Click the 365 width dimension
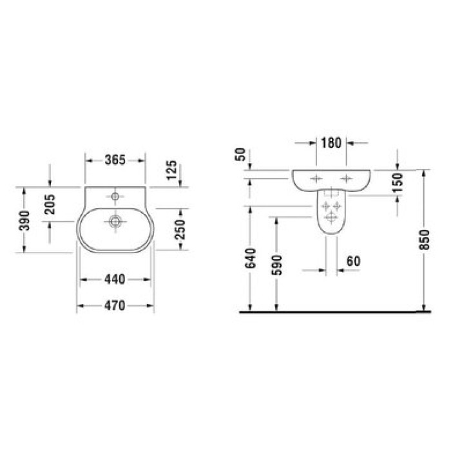[115, 160]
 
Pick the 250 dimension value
[181, 230]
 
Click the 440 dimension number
[115, 280]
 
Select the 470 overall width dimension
[115, 306]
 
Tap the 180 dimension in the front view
[331, 142]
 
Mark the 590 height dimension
[277, 264]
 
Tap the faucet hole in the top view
[115, 195]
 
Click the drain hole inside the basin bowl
[115, 221]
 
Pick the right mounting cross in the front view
[347, 178]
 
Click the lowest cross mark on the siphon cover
[331, 217]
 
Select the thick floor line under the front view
[335, 312]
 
